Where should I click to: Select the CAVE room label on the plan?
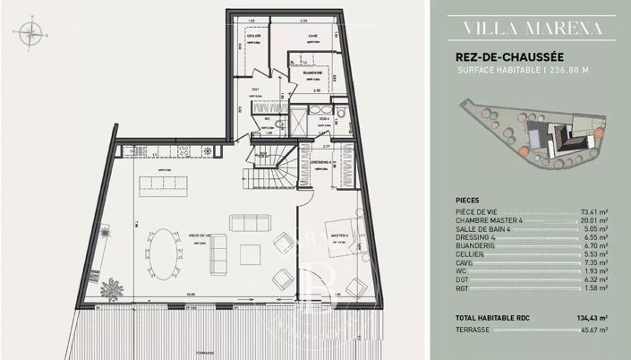[x=312, y=37]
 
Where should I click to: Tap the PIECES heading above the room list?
[x=467, y=201]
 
